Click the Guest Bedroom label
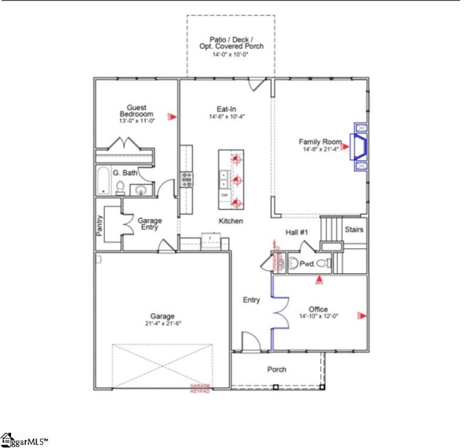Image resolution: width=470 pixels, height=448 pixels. click(x=136, y=110)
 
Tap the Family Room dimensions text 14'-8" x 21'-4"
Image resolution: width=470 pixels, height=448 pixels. click(x=320, y=150)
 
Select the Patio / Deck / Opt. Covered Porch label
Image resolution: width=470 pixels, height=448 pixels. click(x=230, y=42)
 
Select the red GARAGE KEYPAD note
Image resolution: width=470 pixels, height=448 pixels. click(x=200, y=388)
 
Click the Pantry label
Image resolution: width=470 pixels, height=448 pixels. click(x=99, y=225)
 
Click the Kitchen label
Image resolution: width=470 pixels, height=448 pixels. click(x=231, y=221)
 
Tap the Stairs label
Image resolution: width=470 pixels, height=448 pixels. click(x=354, y=229)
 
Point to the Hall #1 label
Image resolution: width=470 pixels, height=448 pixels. click(x=297, y=232)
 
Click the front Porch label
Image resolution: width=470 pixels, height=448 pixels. click(x=277, y=369)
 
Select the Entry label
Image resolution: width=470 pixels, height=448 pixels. click(x=251, y=300)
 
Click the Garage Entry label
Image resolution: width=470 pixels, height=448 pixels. click(x=149, y=224)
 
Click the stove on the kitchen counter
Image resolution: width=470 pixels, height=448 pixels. click(x=187, y=179)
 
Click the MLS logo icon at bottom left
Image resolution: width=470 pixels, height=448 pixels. click(x=7, y=439)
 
